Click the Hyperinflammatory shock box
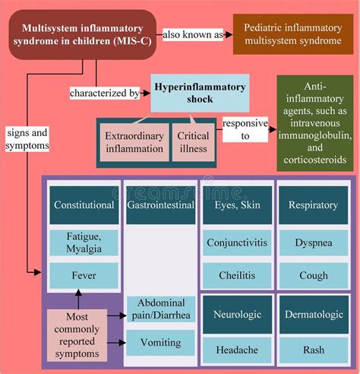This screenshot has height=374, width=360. click(200, 93)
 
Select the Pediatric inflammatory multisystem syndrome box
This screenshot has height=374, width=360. click(293, 34)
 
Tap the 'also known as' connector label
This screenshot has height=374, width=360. click(193, 35)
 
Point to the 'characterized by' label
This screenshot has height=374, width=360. click(105, 93)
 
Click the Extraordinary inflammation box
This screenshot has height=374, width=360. click(134, 142)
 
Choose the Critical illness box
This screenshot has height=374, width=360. click(194, 142)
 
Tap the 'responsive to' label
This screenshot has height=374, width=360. click(245, 129)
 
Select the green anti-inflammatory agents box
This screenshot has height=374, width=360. click(315, 123)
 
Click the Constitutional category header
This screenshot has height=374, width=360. click(84, 205)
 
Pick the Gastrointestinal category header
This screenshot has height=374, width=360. click(161, 205)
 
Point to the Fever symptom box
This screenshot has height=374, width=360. click(84, 275)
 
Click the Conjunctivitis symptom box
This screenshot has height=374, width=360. click(237, 242)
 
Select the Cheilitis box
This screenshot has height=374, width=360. click(237, 275)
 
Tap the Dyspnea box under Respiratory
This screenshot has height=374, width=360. click(314, 242)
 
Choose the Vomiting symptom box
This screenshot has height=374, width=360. click(160, 342)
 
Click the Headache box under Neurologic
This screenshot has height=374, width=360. click(237, 350)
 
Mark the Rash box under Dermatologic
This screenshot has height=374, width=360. click(314, 350)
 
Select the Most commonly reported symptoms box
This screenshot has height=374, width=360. click(77, 335)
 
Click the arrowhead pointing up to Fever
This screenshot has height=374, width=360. click(78, 293)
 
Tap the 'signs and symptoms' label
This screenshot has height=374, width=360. click(27, 139)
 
